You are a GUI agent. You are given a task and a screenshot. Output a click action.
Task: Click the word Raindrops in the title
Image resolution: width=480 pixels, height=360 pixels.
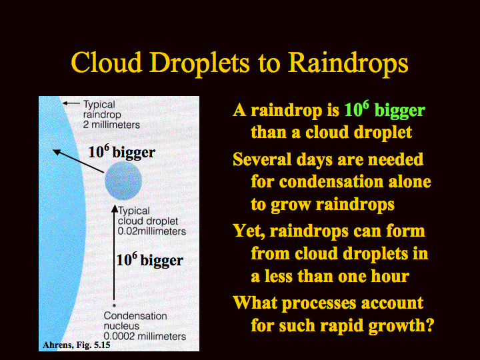click(348, 63)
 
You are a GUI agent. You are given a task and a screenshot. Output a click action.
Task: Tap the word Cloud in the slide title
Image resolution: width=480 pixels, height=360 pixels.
click(106, 62)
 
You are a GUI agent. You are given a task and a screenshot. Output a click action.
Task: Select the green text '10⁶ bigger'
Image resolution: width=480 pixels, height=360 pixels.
click(385, 109)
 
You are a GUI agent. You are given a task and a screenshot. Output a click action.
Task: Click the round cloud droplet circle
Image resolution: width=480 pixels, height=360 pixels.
click(123, 181)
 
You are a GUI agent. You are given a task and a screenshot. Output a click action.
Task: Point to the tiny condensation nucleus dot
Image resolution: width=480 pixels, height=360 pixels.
click(114, 305)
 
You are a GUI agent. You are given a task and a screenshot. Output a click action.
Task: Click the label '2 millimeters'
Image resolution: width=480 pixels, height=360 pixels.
click(111, 125)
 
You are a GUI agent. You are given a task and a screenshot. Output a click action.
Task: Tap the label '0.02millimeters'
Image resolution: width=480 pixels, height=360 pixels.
click(152, 231)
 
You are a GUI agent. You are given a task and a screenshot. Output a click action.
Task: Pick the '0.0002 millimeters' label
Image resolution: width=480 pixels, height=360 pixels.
click(145, 336)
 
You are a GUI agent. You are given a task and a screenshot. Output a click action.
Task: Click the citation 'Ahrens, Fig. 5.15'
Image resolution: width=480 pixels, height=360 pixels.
click(77, 345)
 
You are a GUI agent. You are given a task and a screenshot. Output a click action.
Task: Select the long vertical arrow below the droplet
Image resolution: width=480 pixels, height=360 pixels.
click(115, 253)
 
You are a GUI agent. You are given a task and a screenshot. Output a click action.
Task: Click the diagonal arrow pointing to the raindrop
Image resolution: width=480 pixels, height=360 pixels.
click(79, 161)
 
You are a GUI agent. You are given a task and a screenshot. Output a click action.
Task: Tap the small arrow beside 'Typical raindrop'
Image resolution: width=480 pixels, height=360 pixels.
click(71, 103)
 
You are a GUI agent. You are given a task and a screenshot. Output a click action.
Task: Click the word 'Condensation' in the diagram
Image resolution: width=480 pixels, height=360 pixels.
click(135, 315)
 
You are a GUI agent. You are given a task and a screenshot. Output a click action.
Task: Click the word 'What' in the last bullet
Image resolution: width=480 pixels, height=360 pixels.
click(255, 303)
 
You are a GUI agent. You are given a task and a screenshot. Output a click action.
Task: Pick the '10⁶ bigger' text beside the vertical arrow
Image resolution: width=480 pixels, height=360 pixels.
click(150, 259)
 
